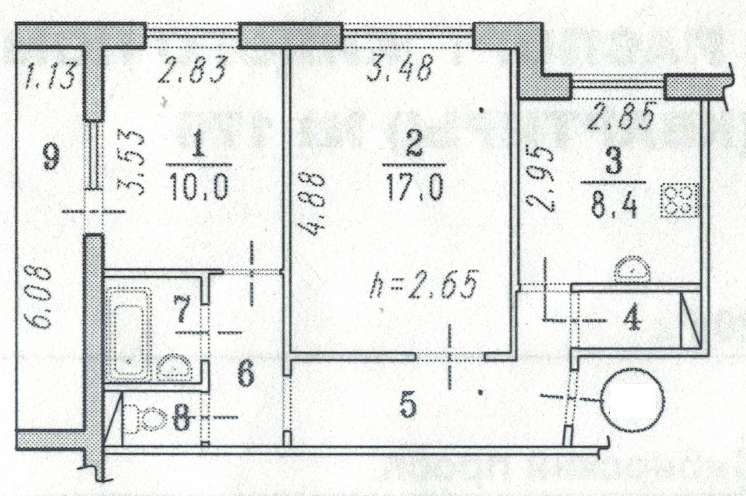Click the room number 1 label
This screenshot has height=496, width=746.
pyautogui.click(x=198, y=144)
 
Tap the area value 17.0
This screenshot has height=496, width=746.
pyautogui.click(x=415, y=188)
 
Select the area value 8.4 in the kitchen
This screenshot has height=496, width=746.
pyautogui.click(x=614, y=206)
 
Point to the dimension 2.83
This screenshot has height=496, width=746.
pyautogui.click(x=192, y=69)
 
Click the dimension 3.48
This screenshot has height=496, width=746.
pyautogui.click(x=400, y=68)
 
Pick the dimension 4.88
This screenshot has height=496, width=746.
pyautogui.click(x=311, y=204)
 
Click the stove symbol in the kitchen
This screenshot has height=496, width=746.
pyautogui.click(x=679, y=200)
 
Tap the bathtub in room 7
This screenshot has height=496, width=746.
pyautogui.click(x=129, y=335)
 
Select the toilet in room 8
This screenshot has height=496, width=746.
pyautogui.click(x=145, y=419)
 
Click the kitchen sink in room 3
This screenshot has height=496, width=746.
pyautogui.click(x=632, y=269)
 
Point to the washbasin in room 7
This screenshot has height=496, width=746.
pyautogui.click(x=174, y=367)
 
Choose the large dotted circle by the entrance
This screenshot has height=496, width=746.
pyautogui.click(x=633, y=400)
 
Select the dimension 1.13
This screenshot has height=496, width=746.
pyautogui.click(x=50, y=76)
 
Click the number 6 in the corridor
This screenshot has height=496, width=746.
pyautogui.click(x=246, y=374)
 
